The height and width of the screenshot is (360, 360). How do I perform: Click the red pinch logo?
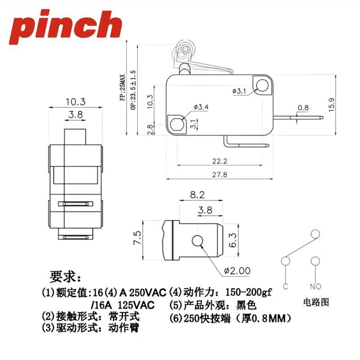[65, 27]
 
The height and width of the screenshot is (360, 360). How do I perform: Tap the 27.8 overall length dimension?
[220, 175]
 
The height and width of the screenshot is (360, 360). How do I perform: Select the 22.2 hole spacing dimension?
[220, 161]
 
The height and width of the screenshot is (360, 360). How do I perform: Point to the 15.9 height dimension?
[332, 105]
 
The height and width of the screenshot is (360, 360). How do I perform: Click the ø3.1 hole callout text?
[239, 91]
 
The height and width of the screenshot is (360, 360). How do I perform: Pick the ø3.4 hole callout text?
[201, 107]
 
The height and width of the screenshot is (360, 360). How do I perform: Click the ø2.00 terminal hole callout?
[238, 271]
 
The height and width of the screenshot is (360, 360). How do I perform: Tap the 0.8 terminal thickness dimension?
[303, 108]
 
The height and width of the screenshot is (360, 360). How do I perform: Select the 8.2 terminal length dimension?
[197, 195]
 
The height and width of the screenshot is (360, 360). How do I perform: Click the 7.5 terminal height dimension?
[137, 238]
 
